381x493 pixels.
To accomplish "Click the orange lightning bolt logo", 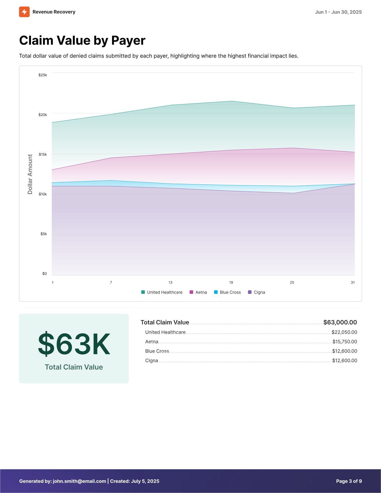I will tap(24, 12).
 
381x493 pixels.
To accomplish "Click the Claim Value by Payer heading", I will tap(82, 40).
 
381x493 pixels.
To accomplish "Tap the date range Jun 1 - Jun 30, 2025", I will tap(338, 12).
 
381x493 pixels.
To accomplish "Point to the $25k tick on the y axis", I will tap(43, 75).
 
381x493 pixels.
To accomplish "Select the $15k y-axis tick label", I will tap(43, 154).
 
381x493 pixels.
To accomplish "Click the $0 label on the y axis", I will tap(45, 273).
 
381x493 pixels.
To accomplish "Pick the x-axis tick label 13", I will tap(170, 282).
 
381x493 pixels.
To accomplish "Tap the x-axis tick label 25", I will tap(292, 282).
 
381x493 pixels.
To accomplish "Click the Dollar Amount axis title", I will tap(30, 174).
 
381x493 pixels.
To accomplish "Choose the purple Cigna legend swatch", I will tap(250, 292).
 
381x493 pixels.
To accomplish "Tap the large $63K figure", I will tap(74, 344).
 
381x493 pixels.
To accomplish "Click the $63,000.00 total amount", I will tap(340, 322).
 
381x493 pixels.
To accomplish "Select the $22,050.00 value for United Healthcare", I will tap(344, 332).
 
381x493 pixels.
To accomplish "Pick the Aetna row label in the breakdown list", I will tap(152, 342).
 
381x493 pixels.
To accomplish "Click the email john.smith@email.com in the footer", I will tap(79, 481).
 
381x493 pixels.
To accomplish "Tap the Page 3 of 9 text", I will tap(349, 481).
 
